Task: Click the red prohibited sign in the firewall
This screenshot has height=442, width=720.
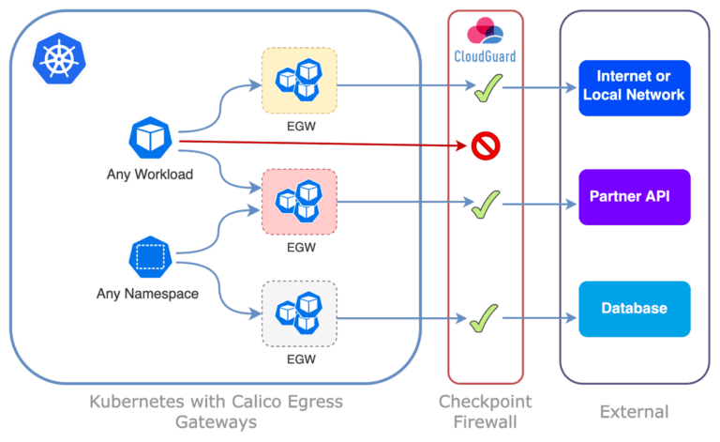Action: point(485,145)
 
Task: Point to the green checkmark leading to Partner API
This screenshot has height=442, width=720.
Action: point(485,202)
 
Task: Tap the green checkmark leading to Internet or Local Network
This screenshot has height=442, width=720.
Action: point(485,91)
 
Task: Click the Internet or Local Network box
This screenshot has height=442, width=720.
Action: point(634,86)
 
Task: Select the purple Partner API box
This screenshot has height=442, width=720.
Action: point(634,197)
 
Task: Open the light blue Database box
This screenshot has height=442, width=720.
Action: point(634,308)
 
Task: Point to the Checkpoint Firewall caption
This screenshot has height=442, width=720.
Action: point(485,411)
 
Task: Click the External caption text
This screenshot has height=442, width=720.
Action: point(635,411)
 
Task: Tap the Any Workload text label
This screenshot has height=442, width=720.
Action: point(150,174)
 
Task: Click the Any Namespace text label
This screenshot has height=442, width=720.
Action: point(150,294)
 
